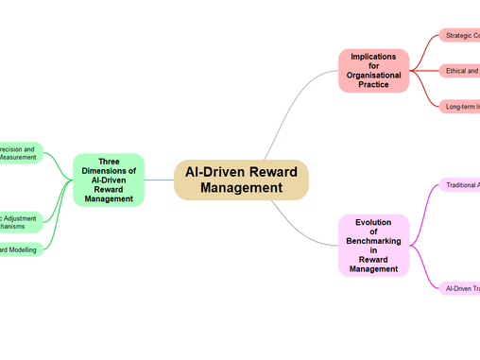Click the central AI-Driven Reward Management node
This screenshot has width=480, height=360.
tap(241, 180)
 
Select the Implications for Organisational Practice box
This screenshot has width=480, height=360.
tap(373, 71)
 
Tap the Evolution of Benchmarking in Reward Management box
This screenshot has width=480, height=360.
tap(373, 246)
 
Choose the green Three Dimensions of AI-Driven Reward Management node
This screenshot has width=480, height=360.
tap(109, 180)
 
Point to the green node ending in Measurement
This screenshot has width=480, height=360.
tap(19, 154)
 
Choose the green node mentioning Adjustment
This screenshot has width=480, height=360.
tap(19, 223)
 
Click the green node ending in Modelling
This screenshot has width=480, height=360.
tap(19, 249)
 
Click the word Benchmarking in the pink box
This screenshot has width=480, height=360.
tap(373, 241)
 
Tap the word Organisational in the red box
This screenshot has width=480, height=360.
tap(373, 75)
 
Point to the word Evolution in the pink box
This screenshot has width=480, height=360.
tap(373, 222)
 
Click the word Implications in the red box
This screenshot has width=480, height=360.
tap(373, 57)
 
